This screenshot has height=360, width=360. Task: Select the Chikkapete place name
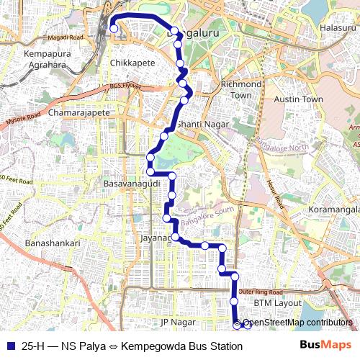tap(132, 63)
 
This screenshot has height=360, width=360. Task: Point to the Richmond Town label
tap(240, 89)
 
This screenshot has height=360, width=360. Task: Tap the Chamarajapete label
tap(79, 113)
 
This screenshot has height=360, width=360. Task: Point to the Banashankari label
tap(53, 243)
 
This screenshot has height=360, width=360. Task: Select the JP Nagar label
tap(178, 321)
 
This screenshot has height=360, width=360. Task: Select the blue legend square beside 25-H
tap(9, 346)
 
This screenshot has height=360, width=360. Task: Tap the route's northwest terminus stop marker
tap(114, 29)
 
